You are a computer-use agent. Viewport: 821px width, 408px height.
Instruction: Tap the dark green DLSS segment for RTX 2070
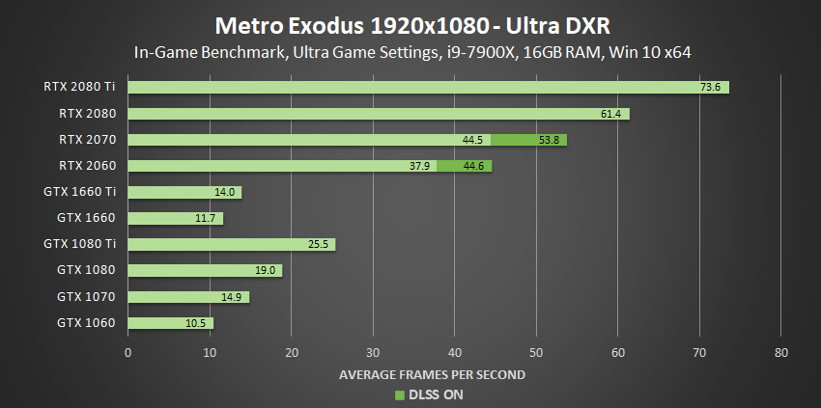click(x=528, y=140)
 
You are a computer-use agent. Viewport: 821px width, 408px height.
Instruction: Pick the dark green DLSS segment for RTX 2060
click(x=464, y=166)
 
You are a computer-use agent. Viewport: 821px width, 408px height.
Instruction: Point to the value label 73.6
click(x=711, y=87)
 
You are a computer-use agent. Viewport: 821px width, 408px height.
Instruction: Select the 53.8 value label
click(x=550, y=140)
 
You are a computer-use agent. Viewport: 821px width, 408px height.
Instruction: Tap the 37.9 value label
click(x=419, y=166)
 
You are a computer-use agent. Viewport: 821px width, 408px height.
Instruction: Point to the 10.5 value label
click(x=196, y=322)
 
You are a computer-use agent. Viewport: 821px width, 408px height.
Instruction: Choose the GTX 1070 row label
click(x=87, y=296)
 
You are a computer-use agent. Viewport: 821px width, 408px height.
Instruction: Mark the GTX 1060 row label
click(x=87, y=322)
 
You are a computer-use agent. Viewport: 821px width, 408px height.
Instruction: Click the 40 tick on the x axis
click(x=455, y=352)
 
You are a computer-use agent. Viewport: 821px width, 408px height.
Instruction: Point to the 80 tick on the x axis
click(x=781, y=352)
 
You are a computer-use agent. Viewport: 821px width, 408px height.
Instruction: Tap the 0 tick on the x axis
click(x=128, y=352)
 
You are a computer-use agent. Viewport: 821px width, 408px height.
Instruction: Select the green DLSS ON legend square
click(x=397, y=394)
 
